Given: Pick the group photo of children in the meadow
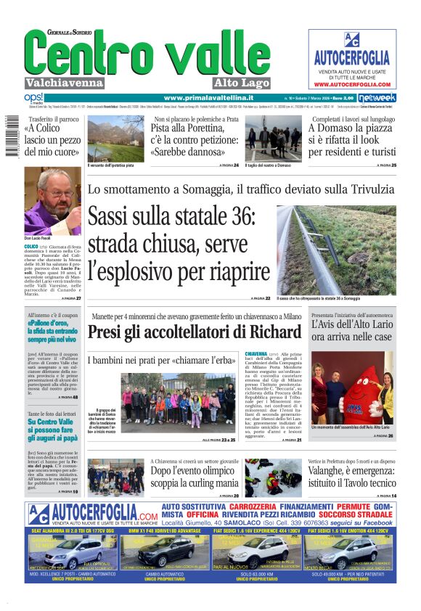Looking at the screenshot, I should [179, 403].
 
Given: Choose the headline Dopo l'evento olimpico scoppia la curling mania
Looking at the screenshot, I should [194, 476].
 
